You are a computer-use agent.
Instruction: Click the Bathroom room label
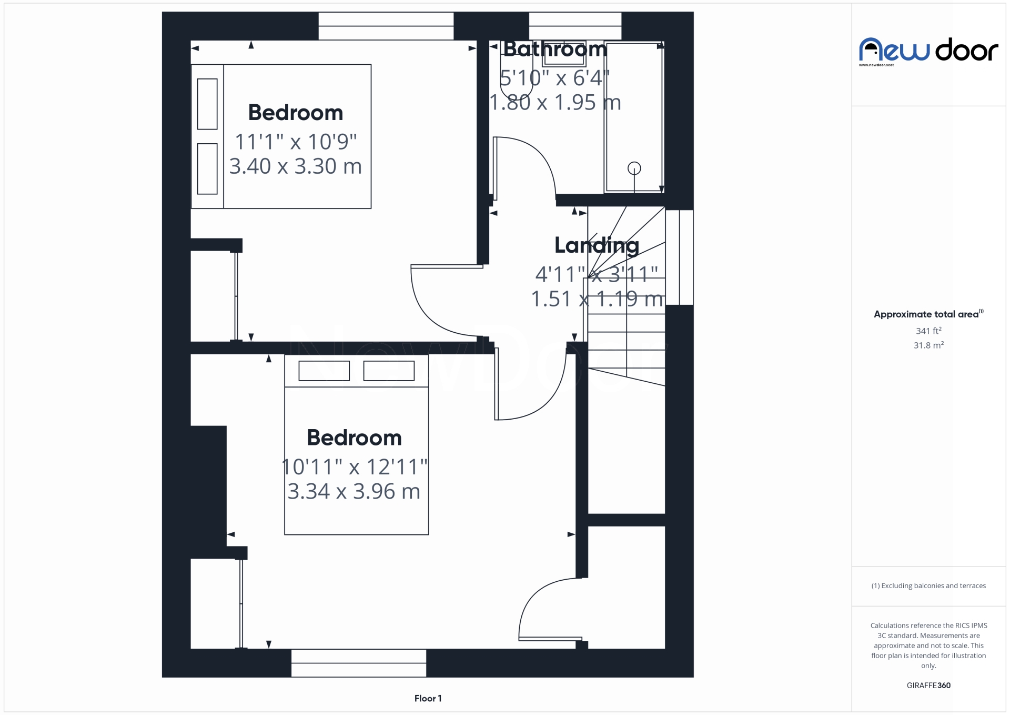555,49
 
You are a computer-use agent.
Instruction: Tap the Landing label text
597,245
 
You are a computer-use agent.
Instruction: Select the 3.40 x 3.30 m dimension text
295,166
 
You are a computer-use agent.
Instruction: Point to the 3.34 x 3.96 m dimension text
353,492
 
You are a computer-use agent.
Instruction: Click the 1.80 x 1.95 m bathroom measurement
555,103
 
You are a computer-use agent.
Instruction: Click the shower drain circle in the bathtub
634,168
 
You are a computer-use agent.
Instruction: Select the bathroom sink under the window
564,53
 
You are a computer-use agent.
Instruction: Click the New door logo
928,51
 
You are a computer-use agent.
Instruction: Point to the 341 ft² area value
928,331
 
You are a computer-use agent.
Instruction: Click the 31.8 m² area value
928,345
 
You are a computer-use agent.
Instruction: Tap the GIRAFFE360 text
928,686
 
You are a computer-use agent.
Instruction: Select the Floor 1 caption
428,699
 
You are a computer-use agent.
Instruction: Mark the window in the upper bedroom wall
386,26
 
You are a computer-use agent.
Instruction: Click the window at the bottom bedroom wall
358,663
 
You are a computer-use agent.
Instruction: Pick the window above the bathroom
575,26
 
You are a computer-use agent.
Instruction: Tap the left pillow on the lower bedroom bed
324,371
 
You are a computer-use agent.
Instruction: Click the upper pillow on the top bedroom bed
207,104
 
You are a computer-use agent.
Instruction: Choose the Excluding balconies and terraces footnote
928,586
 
